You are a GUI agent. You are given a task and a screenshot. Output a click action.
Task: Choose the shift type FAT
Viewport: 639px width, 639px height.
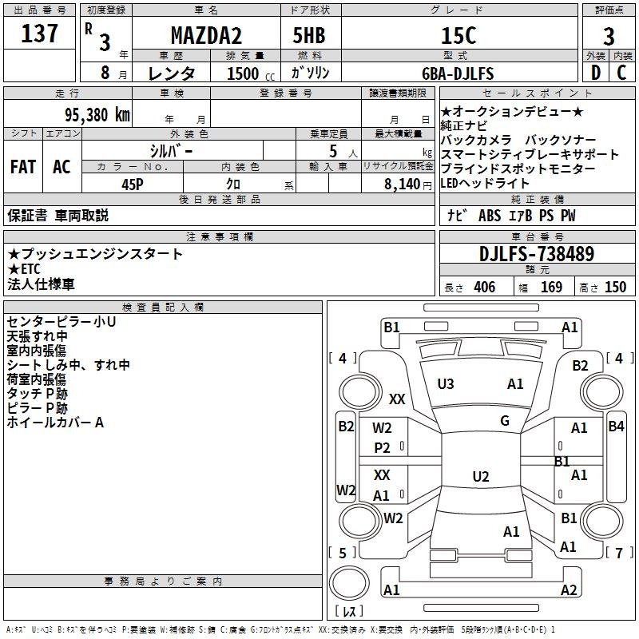(x=22, y=167)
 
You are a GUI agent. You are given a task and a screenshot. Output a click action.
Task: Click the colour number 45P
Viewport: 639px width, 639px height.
(x=133, y=184)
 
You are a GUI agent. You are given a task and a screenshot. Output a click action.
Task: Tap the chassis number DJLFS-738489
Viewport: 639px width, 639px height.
(x=537, y=254)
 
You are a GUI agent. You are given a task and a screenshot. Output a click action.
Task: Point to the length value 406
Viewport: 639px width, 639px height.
(x=484, y=288)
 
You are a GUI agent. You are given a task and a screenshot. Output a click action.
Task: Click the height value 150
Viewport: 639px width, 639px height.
(x=615, y=288)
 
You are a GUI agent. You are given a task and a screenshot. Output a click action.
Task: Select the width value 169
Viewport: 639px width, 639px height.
(x=551, y=288)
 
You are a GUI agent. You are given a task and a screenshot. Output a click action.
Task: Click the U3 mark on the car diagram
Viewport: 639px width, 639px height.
(x=446, y=384)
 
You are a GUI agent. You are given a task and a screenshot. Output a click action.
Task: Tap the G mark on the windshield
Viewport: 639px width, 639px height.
(x=505, y=421)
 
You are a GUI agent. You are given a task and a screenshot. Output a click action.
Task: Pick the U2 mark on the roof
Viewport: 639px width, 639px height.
(x=481, y=477)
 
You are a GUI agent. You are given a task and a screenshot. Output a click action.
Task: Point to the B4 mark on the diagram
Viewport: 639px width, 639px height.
(x=616, y=427)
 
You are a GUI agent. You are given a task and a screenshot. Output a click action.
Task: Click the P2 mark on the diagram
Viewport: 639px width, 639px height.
(x=383, y=448)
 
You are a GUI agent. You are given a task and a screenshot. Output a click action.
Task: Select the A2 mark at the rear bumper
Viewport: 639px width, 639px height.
(x=569, y=590)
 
